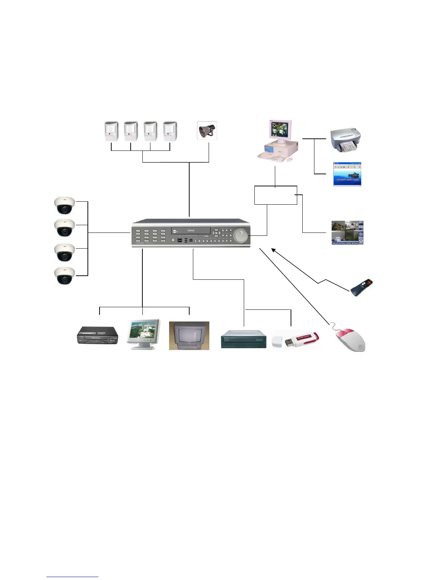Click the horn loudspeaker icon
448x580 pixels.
[207, 131]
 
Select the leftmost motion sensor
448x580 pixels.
[111, 131]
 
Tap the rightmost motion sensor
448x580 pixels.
[170, 131]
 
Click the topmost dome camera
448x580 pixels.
[64, 205]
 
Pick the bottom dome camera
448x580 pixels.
[64, 276]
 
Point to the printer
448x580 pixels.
[346, 140]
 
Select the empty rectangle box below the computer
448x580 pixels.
[276, 195]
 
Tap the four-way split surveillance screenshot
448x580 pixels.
[347, 233]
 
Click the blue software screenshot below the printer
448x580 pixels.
[347, 174]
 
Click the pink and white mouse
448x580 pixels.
[351, 339]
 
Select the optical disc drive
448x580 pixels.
[244, 339]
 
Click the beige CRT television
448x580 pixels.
[189, 336]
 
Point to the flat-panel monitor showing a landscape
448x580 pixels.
[144, 334]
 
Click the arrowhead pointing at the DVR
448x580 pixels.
[273, 250]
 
